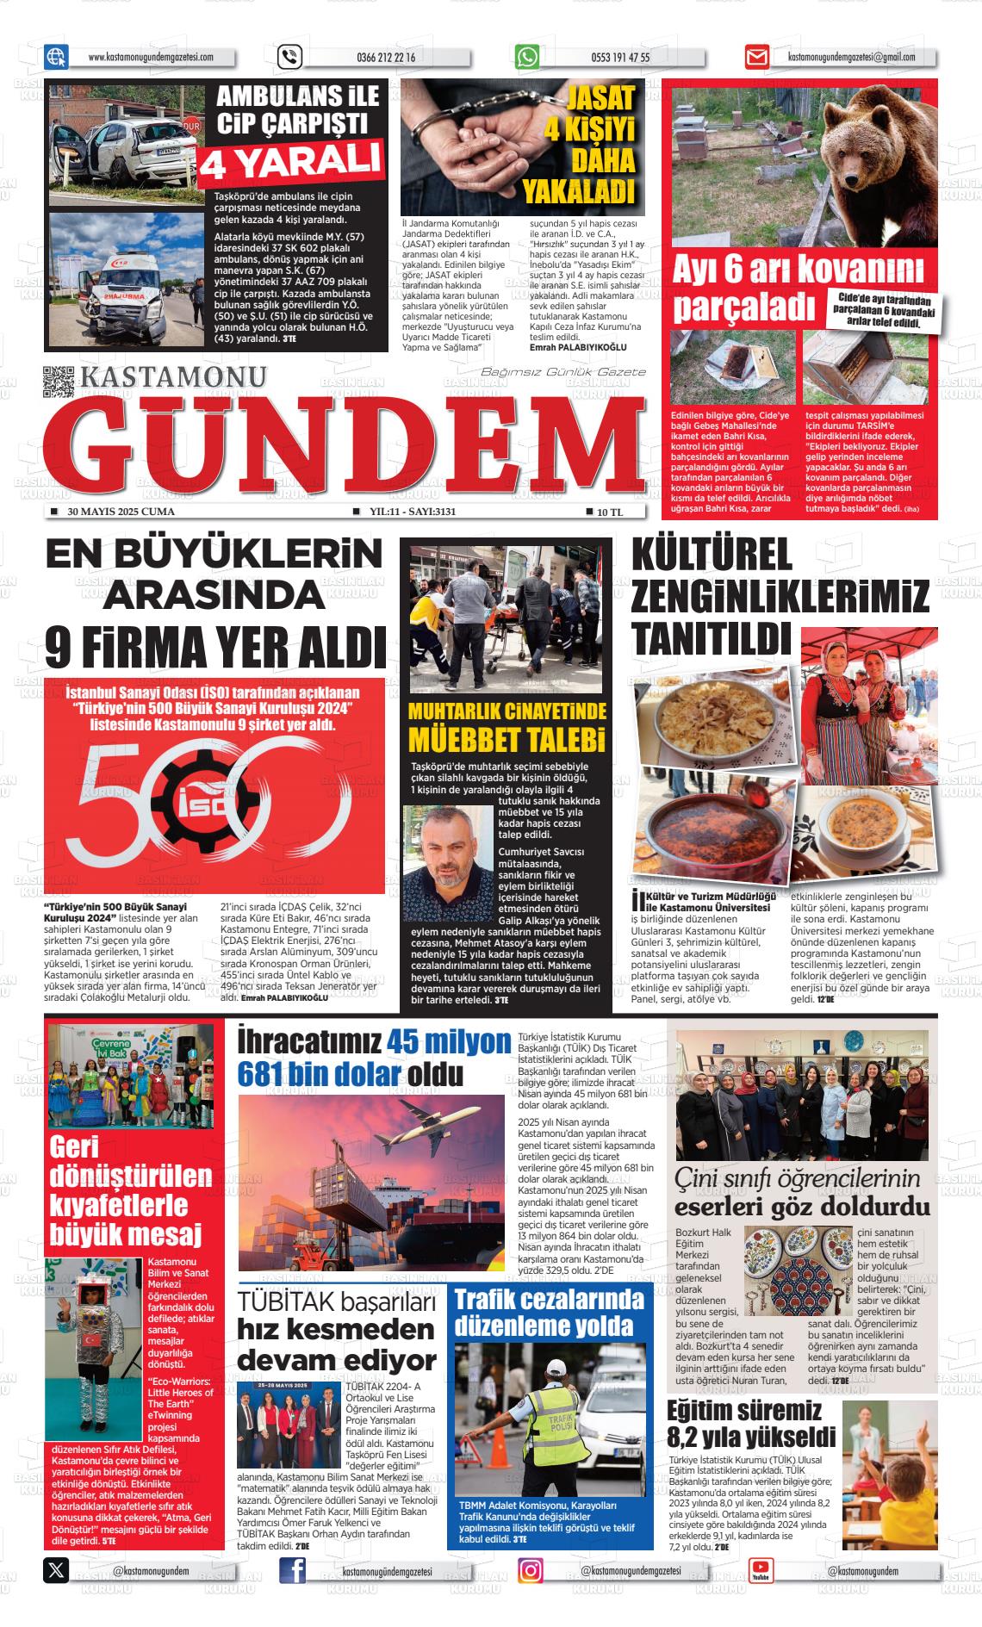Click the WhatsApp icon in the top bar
pyautogui.click(x=526, y=57)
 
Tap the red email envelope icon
pyautogui.click(x=756, y=58)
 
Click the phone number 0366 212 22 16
pyautogui.click(x=385, y=58)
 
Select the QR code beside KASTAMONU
pyautogui.click(x=59, y=382)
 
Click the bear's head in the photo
pyautogui.click(x=878, y=147)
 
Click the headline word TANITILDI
pyautogui.click(x=712, y=640)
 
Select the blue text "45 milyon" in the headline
pyautogui.click(x=449, y=1041)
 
